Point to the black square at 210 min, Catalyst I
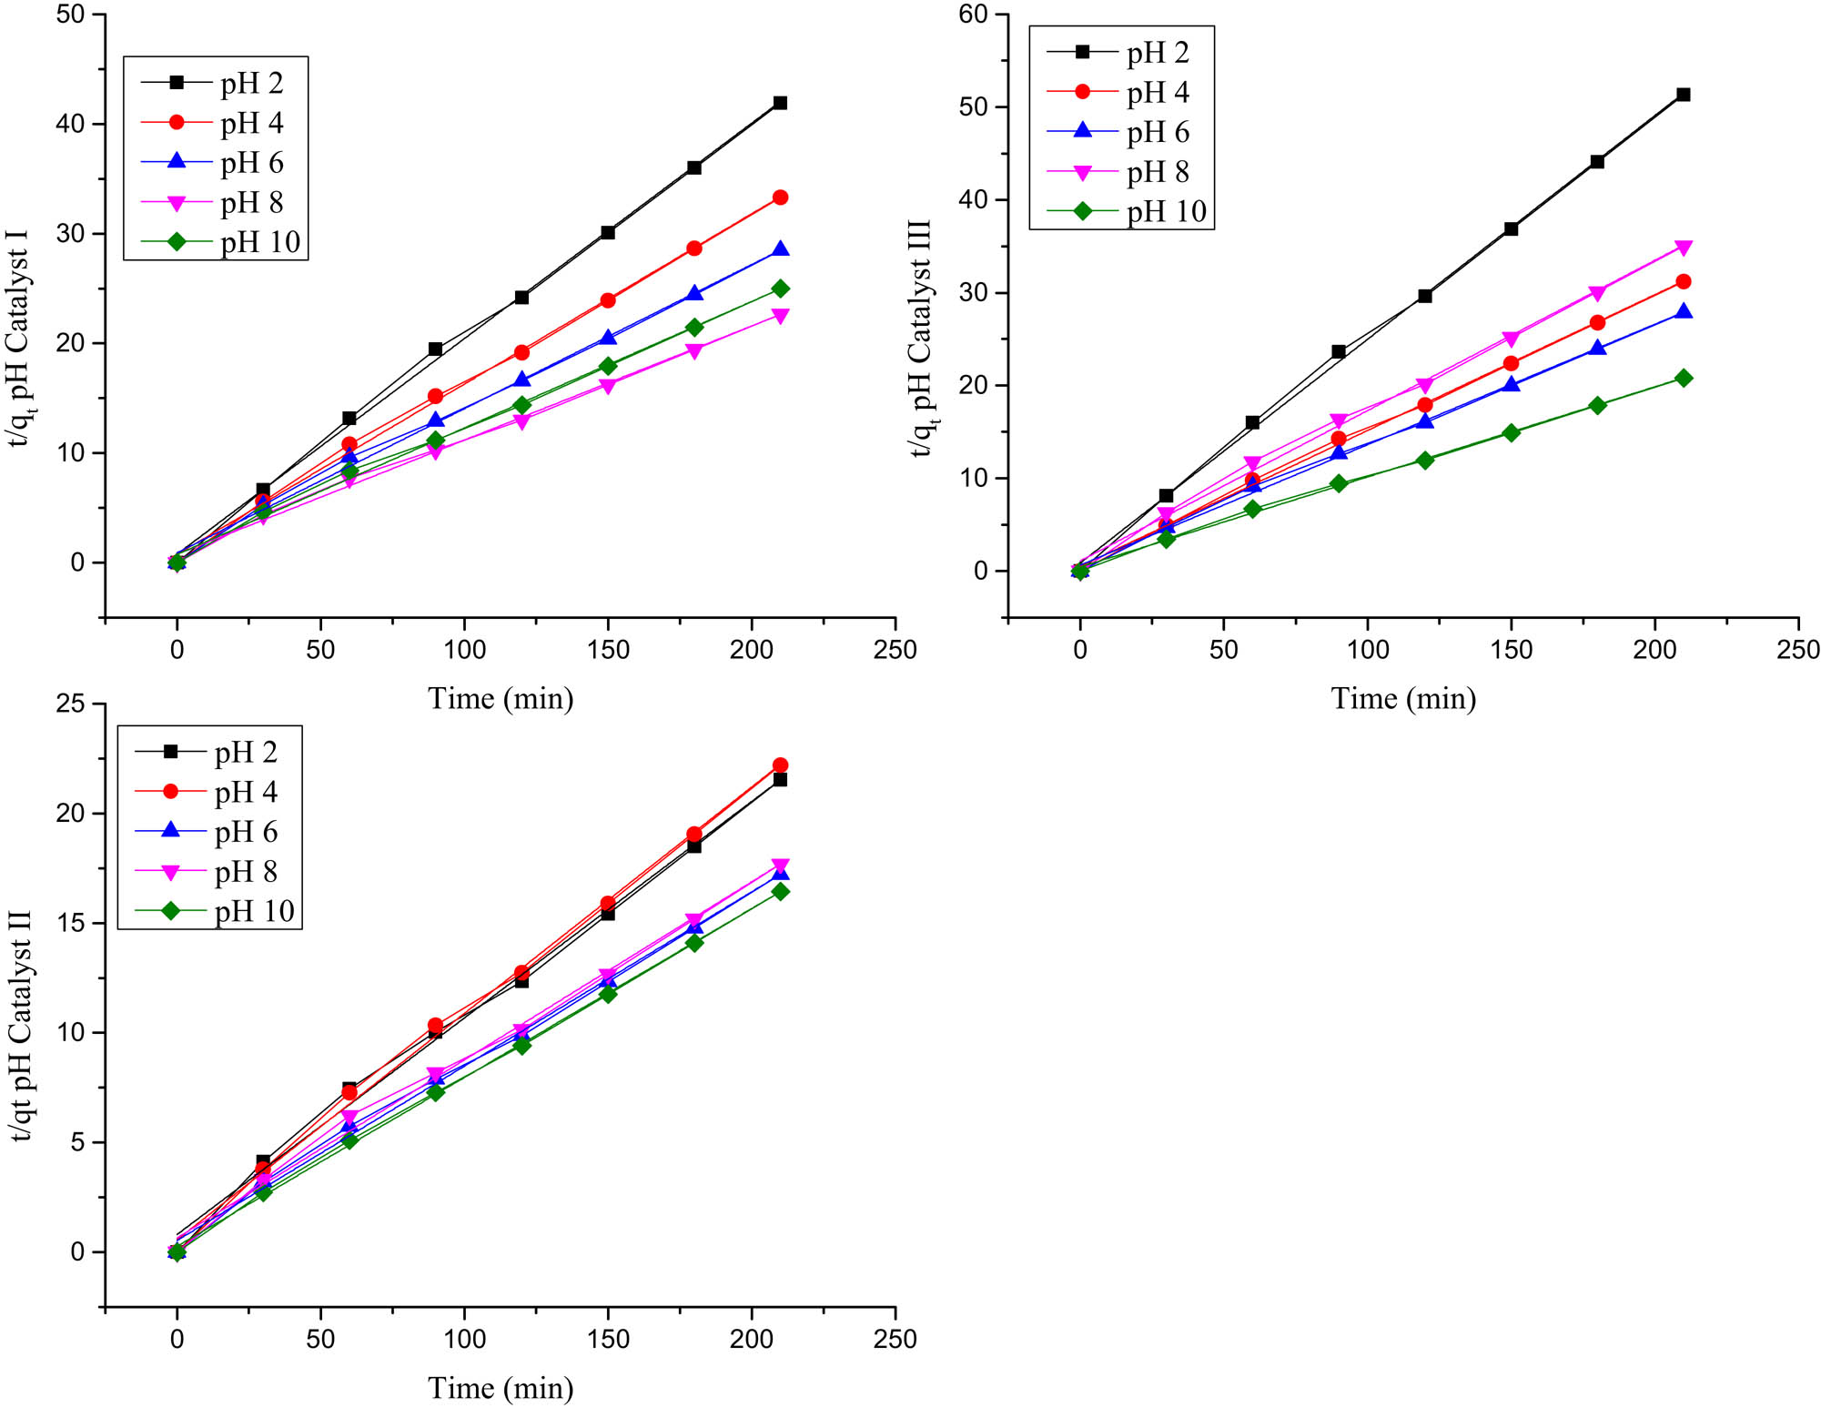[780, 103]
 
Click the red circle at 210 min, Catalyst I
[780, 198]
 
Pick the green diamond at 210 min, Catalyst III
[1683, 378]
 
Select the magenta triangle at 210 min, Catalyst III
[1683, 248]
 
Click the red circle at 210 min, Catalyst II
[780, 765]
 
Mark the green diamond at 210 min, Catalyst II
[780, 892]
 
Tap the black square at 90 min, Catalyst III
[1338, 351]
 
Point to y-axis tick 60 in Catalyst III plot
[973, 15]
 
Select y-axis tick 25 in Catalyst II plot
[70, 704]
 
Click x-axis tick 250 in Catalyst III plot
[1797, 650]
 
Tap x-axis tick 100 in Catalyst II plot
[464, 1339]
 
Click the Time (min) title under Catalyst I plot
[501, 699]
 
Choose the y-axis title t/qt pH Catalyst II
[20, 1025]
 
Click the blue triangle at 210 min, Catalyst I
[780, 249]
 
